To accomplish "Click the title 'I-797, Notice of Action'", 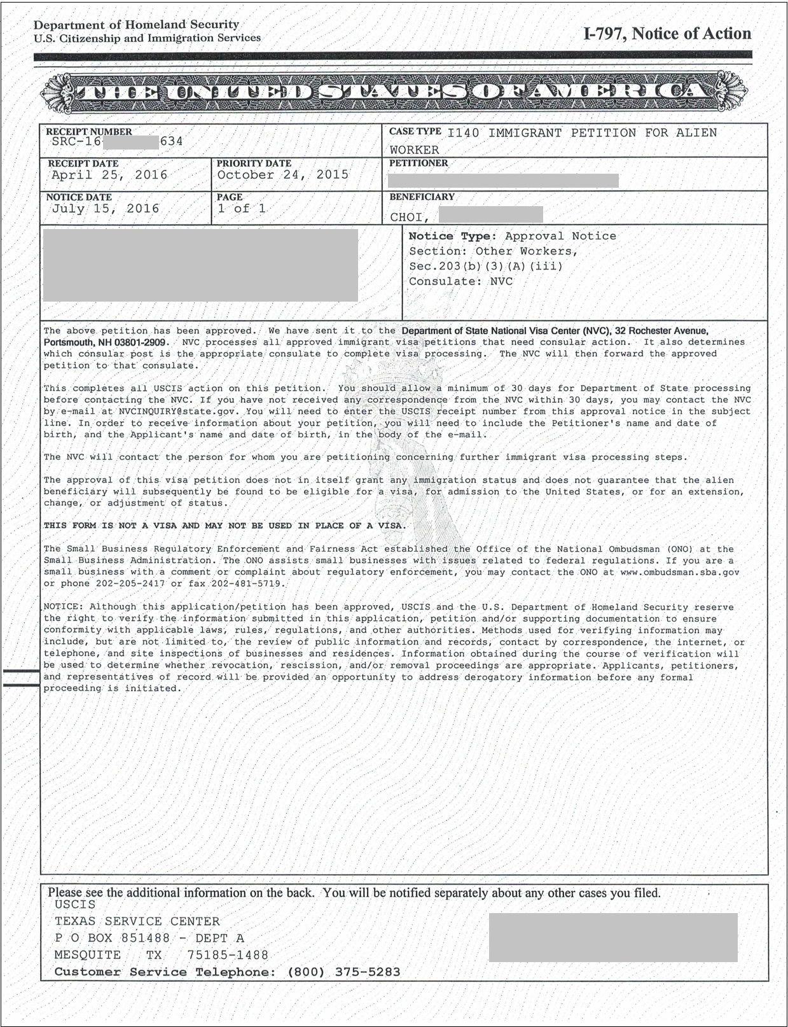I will [x=667, y=34].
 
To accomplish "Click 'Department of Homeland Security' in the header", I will [x=136, y=25].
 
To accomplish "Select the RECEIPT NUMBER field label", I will [x=89, y=132].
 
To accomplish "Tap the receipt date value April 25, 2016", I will [x=109, y=175].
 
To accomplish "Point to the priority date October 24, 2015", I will [x=282, y=174].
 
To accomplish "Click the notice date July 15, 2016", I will [x=106, y=209].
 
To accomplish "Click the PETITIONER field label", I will [x=418, y=163].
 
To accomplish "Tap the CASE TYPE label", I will [x=415, y=131].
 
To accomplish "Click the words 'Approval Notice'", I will [x=560, y=236].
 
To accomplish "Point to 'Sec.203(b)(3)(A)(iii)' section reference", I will [x=486, y=267].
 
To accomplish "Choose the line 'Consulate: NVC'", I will [x=460, y=281].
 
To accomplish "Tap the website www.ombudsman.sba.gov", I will [x=679, y=572].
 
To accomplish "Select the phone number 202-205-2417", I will [x=130, y=583].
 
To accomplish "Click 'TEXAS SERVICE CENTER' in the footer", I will [x=137, y=921].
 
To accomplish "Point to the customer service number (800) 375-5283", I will [x=343, y=972].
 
